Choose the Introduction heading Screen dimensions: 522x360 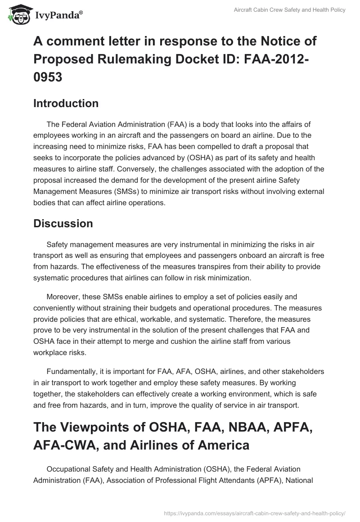(x=66, y=103)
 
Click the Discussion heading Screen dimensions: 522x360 (x=63, y=223)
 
